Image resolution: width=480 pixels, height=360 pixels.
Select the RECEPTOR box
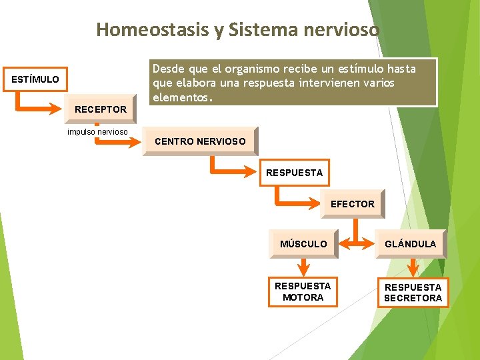[x=101, y=109]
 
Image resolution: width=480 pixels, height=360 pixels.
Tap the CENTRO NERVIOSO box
[x=200, y=141]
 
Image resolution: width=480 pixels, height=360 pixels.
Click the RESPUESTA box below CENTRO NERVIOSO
[x=294, y=173]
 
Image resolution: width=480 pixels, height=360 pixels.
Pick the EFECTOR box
[x=353, y=204]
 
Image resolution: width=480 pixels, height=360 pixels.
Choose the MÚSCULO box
[x=303, y=244]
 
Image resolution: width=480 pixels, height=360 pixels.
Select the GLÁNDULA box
[x=411, y=244]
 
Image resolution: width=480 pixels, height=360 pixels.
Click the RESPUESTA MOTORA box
[x=303, y=291]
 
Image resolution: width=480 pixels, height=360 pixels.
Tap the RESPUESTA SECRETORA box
[x=413, y=292]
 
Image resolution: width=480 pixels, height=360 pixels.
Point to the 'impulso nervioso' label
[x=97, y=131]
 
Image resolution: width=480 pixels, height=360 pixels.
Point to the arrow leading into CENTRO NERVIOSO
[x=123, y=141]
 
